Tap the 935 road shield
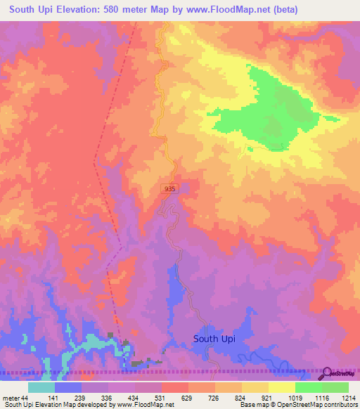coord(169,189)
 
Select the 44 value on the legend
coord(26,398)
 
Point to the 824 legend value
coord(229,398)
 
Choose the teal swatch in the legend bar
coord(41,387)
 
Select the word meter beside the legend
coord(11,398)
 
